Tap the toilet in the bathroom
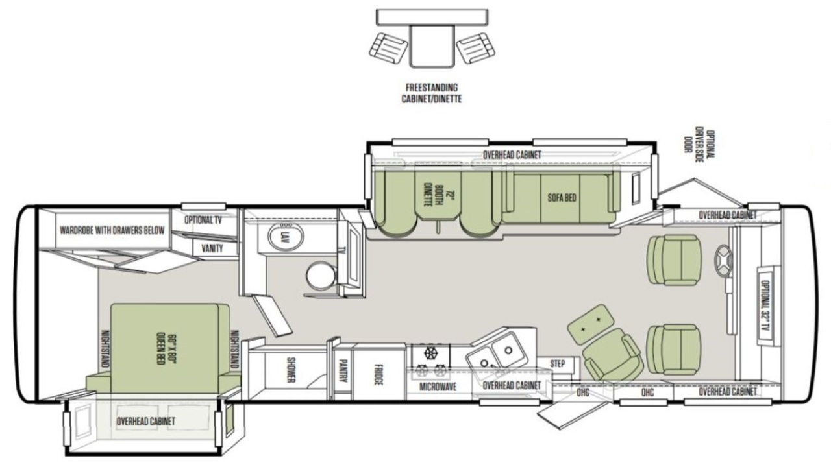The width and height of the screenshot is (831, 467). (x=321, y=276)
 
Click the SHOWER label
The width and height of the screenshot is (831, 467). (x=291, y=370)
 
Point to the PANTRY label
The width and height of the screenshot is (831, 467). (x=343, y=370)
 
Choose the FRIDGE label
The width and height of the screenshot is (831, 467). (x=378, y=375)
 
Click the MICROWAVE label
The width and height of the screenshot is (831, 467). (x=438, y=387)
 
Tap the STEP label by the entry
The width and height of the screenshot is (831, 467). (x=557, y=364)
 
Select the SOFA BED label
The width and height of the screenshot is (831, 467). (x=562, y=198)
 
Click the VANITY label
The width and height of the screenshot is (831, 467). (x=212, y=248)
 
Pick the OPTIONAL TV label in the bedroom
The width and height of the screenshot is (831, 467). (x=203, y=220)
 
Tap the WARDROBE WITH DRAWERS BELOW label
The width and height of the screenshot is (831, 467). (x=112, y=230)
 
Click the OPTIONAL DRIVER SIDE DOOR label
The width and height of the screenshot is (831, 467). (x=700, y=146)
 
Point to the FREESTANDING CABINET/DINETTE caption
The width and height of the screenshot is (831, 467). (x=432, y=93)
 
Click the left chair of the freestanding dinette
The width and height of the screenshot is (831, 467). (x=388, y=49)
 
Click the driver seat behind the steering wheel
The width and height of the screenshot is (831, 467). (x=674, y=261)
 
